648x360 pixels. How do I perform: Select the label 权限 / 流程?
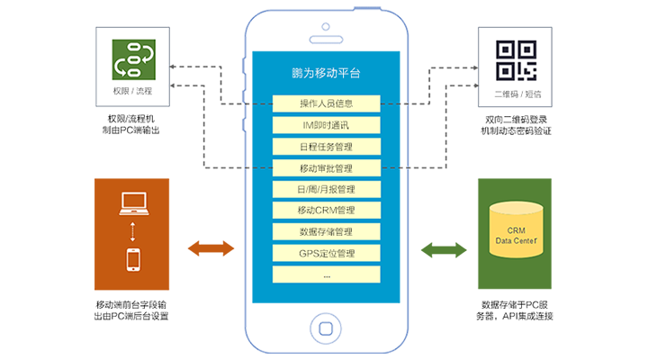click(x=132, y=92)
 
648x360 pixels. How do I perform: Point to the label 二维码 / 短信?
click(x=517, y=92)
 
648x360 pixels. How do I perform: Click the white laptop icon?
click(x=133, y=204)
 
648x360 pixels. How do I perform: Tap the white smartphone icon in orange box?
click(x=133, y=259)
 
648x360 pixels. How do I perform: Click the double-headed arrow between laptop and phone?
click(x=133, y=231)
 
